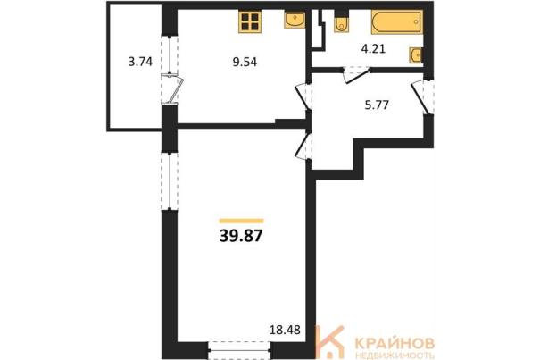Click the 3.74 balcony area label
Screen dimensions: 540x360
pos(140,62)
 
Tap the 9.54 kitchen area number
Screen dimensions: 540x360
pos(245,62)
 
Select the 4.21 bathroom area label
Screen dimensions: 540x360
pos(373,48)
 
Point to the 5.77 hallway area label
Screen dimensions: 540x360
pos(377,105)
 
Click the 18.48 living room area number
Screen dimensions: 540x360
pos(285,330)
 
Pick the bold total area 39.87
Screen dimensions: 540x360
pos(241,236)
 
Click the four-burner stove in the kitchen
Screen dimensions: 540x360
pos(250,21)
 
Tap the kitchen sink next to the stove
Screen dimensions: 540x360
pos(295,20)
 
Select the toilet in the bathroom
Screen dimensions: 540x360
pos(341,21)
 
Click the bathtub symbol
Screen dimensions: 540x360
pos(397,22)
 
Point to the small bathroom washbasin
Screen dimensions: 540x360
pos(416,54)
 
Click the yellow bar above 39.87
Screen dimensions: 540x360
pos(241,221)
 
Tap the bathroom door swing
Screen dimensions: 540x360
pos(355,74)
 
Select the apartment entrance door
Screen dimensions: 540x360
pos(422,96)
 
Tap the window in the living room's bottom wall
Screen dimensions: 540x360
pos(240,350)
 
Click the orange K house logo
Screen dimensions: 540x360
pos(329,341)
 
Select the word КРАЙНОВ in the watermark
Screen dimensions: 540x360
pos(395,343)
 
